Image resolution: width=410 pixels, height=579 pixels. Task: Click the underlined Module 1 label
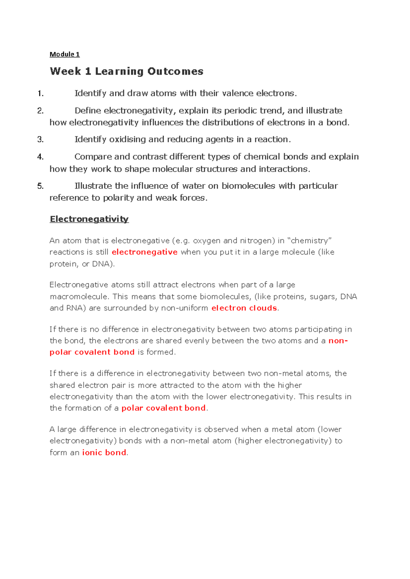coord(65,54)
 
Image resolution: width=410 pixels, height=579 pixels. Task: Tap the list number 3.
coord(40,139)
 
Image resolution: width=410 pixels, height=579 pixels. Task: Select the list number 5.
coord(40,186)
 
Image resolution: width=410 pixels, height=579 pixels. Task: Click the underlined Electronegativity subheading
coord(89,219)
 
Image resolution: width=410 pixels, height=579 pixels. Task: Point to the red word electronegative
coord(145,252)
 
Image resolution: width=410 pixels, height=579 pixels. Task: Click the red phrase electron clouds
coord(244,308)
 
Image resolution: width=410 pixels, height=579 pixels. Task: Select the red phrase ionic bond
coord(104,452)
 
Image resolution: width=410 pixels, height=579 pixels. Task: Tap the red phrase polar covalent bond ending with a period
coord(164,408)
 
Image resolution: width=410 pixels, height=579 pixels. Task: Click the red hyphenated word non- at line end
coord(338,341)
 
